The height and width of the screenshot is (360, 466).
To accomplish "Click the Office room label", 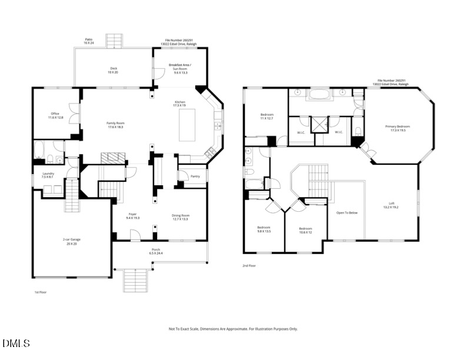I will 55,116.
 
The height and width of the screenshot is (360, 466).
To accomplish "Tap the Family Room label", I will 115,125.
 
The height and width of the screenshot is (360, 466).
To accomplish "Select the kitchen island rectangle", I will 187,125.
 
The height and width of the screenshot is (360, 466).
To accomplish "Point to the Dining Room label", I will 181,218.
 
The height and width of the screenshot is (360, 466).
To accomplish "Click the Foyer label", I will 132,216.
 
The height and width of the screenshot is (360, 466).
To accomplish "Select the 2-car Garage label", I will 71,241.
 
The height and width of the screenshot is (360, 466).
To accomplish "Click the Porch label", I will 156,251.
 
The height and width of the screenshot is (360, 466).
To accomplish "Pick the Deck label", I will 113,70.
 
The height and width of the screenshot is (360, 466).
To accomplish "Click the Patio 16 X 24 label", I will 88,41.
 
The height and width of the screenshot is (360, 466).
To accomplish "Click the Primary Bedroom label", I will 398,128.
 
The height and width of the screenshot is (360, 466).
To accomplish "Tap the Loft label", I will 391,205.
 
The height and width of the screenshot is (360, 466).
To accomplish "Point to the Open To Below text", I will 347,212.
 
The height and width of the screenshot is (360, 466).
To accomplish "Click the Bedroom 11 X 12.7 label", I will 267,116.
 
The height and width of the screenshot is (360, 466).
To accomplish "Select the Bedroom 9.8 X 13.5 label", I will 264,229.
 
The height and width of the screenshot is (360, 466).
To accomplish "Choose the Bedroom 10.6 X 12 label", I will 305,230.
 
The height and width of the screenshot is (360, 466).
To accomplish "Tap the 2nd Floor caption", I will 249,266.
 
